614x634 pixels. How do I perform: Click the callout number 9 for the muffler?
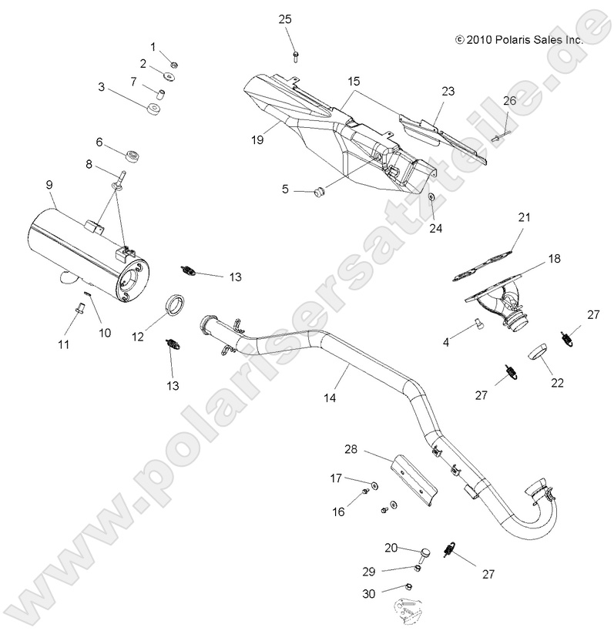click(x=49, y=184)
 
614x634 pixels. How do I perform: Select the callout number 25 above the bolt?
click(x=285, y=19)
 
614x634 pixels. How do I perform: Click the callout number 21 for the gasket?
click(x=525, y=218)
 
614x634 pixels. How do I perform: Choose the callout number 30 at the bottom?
click(x=368, y=593)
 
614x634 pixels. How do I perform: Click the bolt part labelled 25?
click(x=296, y=53)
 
